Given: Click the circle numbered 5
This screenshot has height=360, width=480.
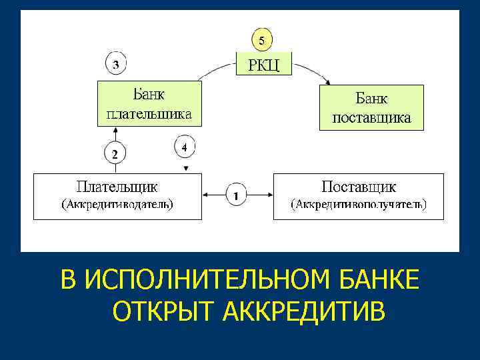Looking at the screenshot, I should [x=261, y=41].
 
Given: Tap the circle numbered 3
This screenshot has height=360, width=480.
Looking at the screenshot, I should [x=116, y=65].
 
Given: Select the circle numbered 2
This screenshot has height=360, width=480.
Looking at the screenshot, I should [x=115, y=154].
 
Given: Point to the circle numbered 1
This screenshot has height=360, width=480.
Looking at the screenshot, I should [x=237, y=195].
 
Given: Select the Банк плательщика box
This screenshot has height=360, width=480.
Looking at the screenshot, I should [x=149, y=103].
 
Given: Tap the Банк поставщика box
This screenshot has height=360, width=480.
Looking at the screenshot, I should [x=371, y=107].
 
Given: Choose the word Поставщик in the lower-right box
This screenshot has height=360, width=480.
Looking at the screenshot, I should [x=359, y=185].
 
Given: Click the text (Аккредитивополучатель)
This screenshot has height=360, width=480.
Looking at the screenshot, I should [x=359, y=204].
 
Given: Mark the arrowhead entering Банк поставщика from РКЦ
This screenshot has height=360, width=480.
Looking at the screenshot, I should [x=327, y=81].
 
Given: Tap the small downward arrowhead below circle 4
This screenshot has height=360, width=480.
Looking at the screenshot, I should [x=186, y=167].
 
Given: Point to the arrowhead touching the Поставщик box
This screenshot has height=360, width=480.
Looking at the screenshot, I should [x=269, y=195].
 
